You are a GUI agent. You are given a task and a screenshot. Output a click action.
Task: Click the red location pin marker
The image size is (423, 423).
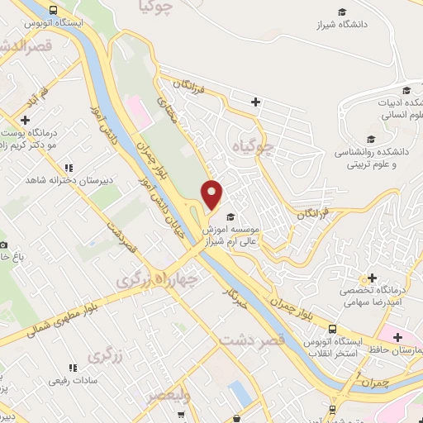[212, 194]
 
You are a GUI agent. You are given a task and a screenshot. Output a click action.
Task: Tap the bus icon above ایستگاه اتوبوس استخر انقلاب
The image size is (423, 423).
[331, 329]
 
